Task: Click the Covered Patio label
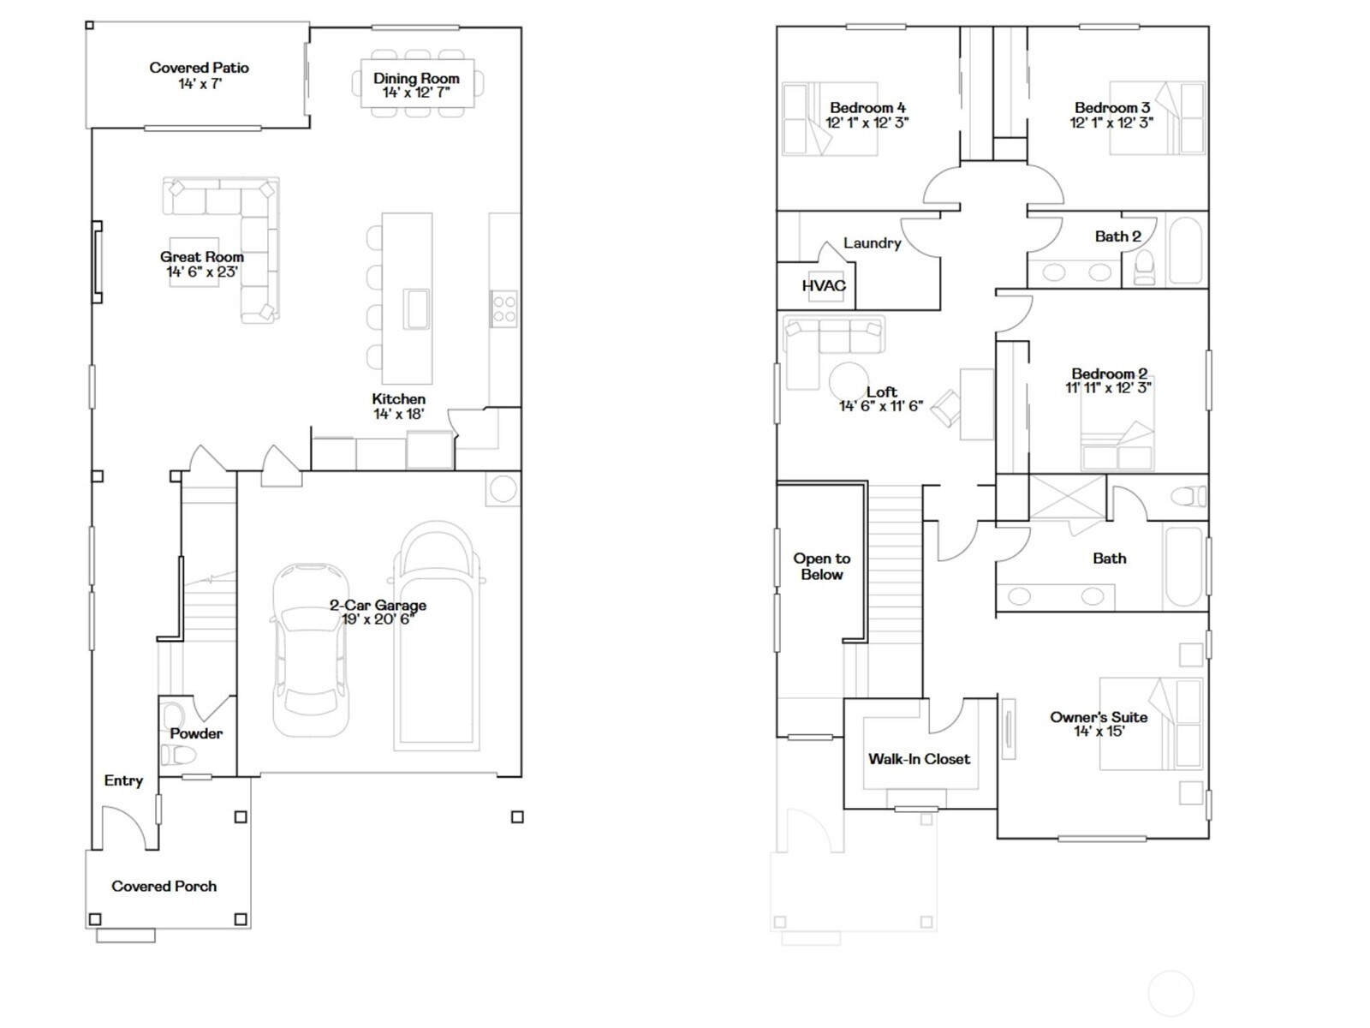pos(199,68)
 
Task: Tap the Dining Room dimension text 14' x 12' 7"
pos(415,93)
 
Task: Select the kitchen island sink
pos(417,308)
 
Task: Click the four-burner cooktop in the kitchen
pos(503,308)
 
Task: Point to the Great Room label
pos(202,257)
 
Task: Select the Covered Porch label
pos(164,887)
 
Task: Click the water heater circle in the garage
pos(503,489)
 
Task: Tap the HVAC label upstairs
pos(824,286)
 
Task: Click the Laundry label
pos(872,243)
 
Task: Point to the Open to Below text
pos(821,566)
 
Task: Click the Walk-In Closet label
pos(919,759)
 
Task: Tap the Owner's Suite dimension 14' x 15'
pos(1099,732)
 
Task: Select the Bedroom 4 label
pos(867,108)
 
